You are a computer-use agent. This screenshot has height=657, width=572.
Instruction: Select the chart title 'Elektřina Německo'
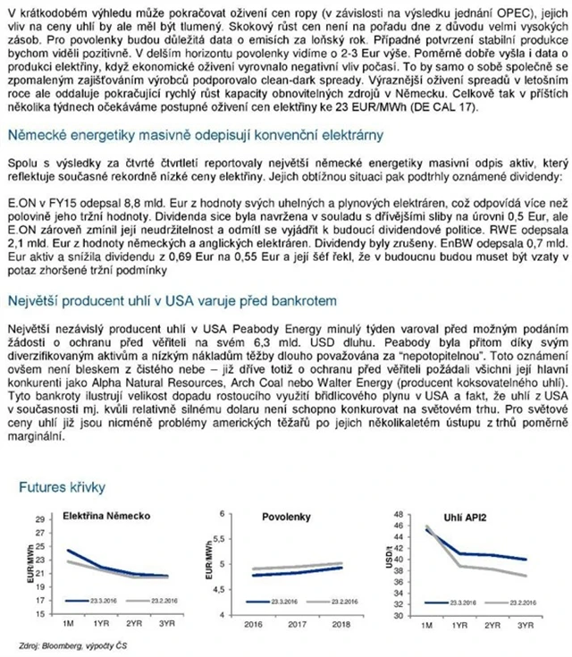pos(100,517)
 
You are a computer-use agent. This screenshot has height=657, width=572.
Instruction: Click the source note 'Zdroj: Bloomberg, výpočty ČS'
pos(63,646)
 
